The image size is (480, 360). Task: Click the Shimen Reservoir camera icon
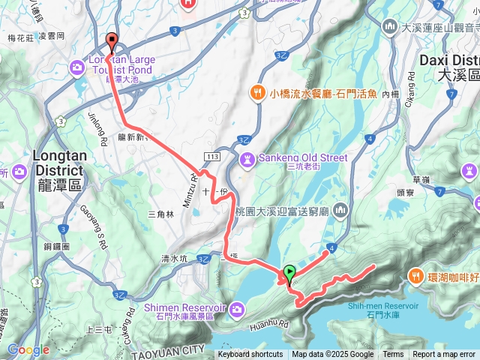pyautogui.click(x=238, y=309)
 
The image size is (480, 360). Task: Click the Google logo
pyautogui.click(x=28, y=349)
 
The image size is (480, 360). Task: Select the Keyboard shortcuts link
pyautogui.click(x=250, y=355)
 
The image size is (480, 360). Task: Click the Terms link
pyautogui.click(x=393, y=355)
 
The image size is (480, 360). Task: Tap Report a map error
pyautogui.click(x=445, y=355)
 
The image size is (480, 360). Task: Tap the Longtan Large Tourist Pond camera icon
pyautogui.click(x=78, y=68)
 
